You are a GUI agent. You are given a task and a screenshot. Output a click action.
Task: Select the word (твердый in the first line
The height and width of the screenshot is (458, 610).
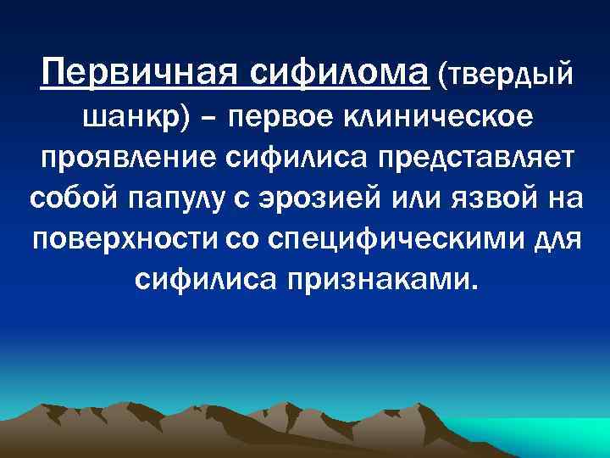tap(506, 76)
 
